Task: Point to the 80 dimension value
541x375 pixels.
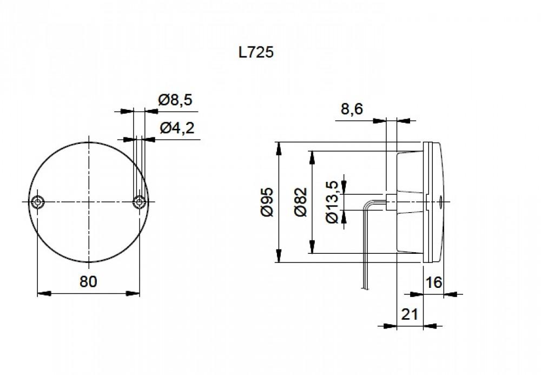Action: tap(88, 281)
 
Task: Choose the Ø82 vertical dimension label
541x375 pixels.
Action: tap(301, 202)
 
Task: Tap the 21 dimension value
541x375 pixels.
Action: tap(410, 314)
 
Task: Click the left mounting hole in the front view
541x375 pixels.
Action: tap(37, 202)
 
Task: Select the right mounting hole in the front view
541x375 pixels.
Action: tap(139, 202)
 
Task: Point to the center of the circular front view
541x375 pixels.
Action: tap(88, 202)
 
